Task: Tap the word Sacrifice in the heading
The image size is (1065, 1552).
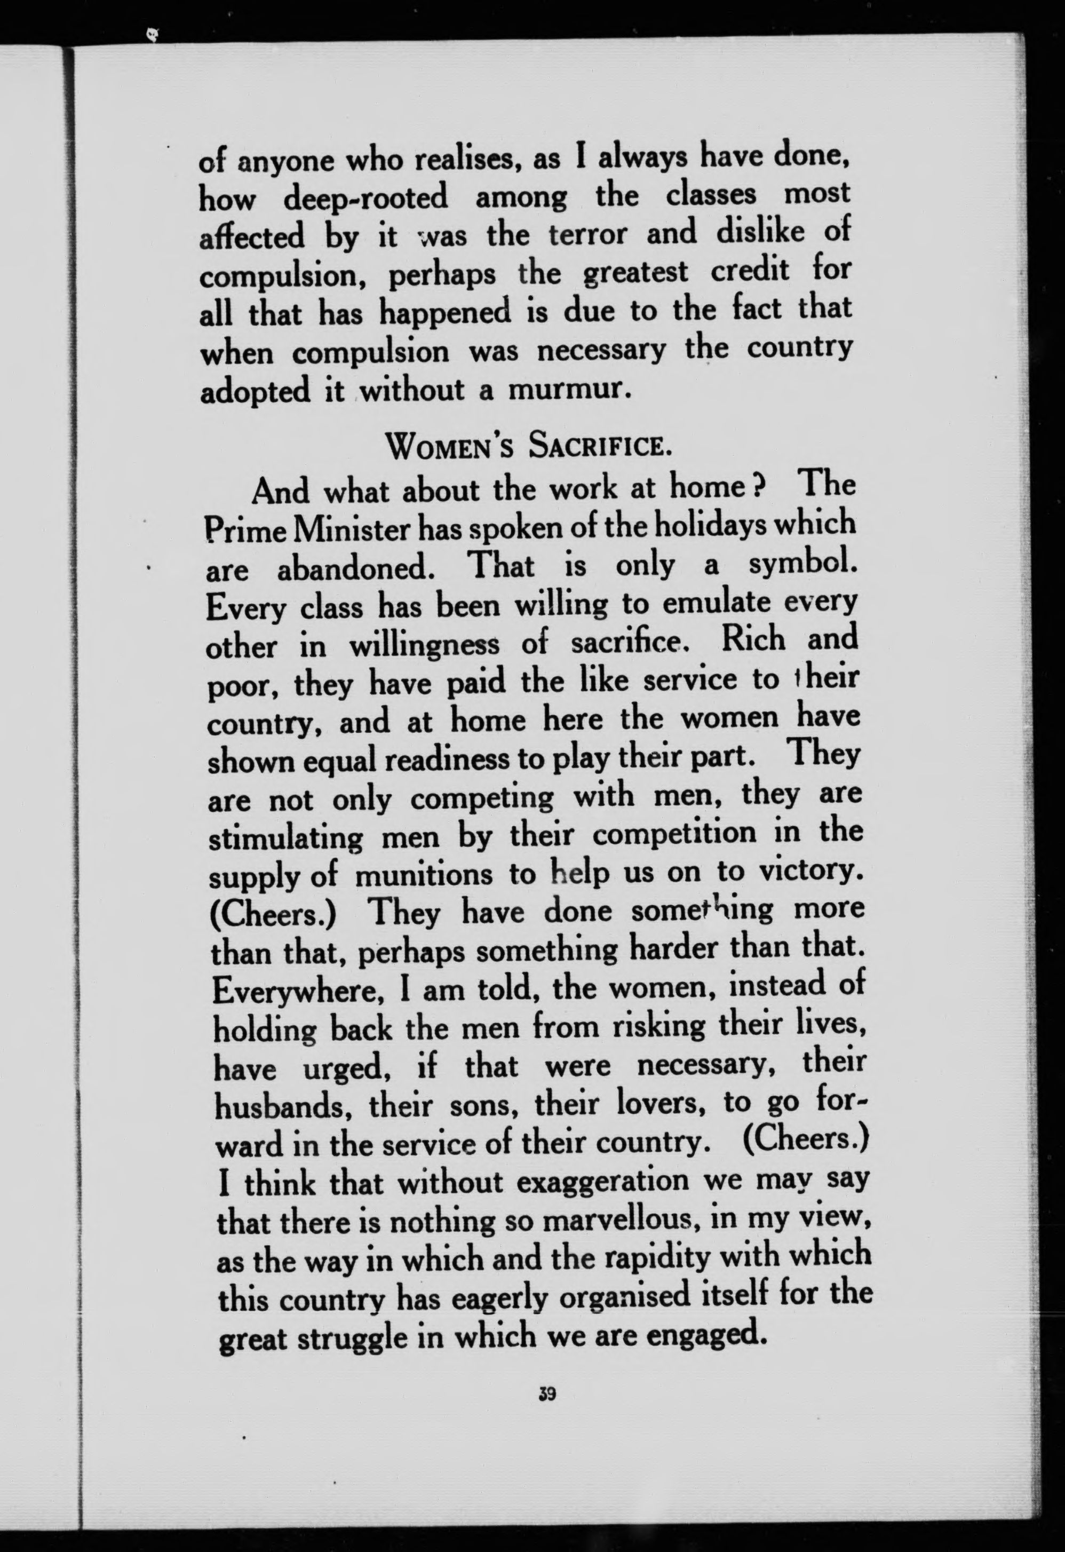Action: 600,444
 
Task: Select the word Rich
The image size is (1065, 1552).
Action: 754,640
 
